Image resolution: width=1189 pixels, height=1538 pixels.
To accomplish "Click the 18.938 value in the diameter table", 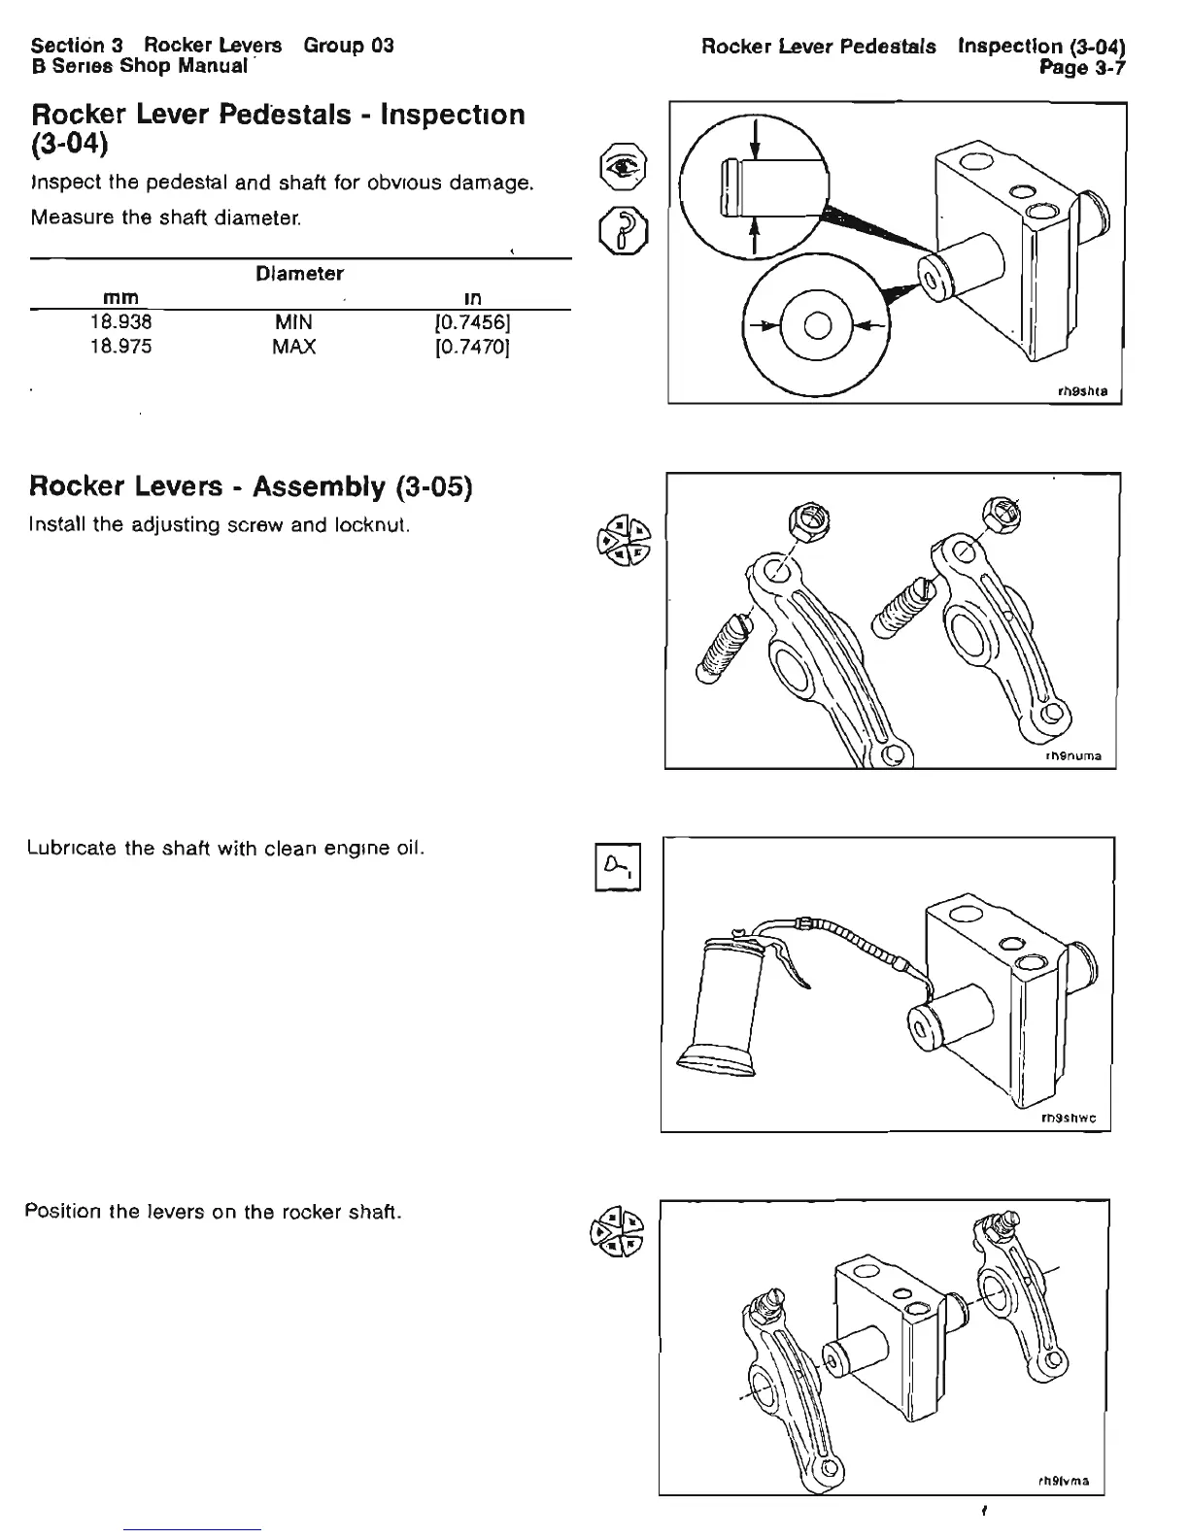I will [x=120, y=321].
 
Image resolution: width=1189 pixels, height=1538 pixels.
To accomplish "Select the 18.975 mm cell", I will [x=120, y=347].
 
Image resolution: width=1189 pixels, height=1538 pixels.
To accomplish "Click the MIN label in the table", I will [x=293, y=321].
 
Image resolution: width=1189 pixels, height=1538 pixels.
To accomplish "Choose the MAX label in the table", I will [x=293, y=347].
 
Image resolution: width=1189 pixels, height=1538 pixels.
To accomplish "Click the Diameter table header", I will [x=299, y=274].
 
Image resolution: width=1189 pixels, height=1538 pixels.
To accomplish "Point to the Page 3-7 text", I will [x=1082, y=67].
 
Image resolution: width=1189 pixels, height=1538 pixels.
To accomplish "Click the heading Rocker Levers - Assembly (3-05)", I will [x=251, y=486].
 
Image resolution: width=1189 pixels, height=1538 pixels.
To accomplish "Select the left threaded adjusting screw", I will [x=721, y=647].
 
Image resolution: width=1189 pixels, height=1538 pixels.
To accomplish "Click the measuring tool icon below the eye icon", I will [x=620, y=229].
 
